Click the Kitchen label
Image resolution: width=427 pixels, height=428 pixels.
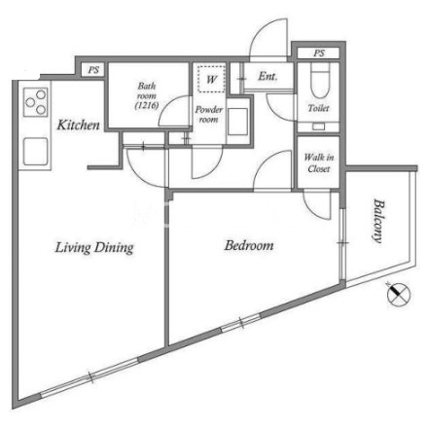point(78,125)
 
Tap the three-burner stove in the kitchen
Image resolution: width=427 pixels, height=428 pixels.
point(36,102)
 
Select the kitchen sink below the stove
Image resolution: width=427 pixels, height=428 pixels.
point(36,152)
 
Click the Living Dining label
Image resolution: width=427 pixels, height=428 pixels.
point(94,248)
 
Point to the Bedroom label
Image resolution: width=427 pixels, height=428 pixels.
point(249,245)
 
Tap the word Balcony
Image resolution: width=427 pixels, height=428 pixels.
point(378,221)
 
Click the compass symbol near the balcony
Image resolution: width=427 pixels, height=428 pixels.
point(399,296)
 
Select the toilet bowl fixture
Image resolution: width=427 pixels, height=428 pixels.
point(320,80)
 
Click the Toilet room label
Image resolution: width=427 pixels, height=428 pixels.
point(318,108)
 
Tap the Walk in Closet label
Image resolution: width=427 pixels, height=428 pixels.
point(319,163)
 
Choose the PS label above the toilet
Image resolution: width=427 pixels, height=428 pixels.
point(319,53)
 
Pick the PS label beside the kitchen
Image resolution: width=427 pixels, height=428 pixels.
point(93,70)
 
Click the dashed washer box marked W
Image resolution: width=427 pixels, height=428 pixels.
point(211,79)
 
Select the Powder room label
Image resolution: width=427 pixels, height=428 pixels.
point(208,115)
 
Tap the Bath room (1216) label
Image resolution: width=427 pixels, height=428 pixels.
point(147,95)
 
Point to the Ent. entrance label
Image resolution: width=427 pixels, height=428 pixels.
point(267,77)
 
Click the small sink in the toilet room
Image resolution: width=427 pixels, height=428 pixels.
point(318,126)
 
